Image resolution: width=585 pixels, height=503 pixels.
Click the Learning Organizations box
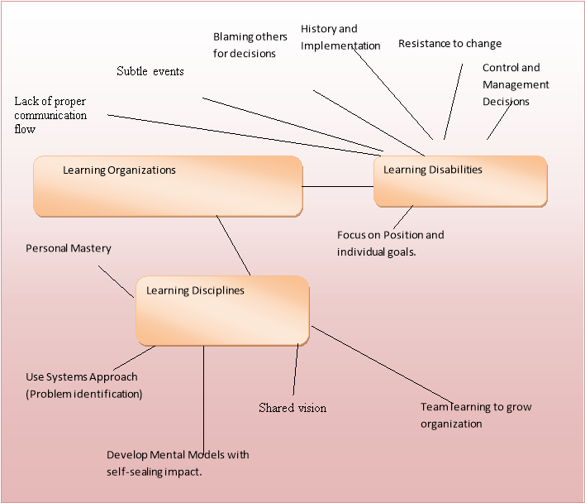point(168,186)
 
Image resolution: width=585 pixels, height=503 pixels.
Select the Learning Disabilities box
point(460,180)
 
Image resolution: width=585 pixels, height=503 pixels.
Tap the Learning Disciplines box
point(222,310)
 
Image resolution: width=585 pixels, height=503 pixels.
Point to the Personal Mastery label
point(69,248)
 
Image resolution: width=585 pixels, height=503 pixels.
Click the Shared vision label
point(292,408)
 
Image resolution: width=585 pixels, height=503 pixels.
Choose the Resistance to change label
point(449,44)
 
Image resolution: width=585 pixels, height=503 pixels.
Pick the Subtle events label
point(150,71)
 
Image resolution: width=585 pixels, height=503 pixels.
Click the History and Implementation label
point(340,38)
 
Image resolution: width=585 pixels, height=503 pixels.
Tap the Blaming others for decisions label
point(250,46)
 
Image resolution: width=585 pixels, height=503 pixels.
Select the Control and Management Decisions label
point(516,84)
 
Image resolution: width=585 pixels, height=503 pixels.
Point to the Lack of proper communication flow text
point(50,115)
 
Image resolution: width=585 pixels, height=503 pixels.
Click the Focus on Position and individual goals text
point(390,243)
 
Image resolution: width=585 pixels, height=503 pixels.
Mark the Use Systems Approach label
point(83,386)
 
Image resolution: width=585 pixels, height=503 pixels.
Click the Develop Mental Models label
point(178,463)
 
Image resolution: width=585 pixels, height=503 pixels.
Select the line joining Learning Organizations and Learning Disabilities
point(338,186)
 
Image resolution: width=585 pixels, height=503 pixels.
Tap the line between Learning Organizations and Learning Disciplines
point(233,246)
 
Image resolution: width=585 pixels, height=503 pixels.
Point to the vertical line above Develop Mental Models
point(203,397)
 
